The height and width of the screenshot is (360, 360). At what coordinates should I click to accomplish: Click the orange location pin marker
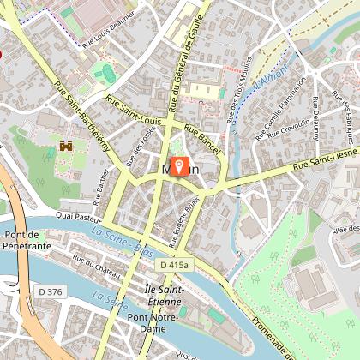pos(180,165)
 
